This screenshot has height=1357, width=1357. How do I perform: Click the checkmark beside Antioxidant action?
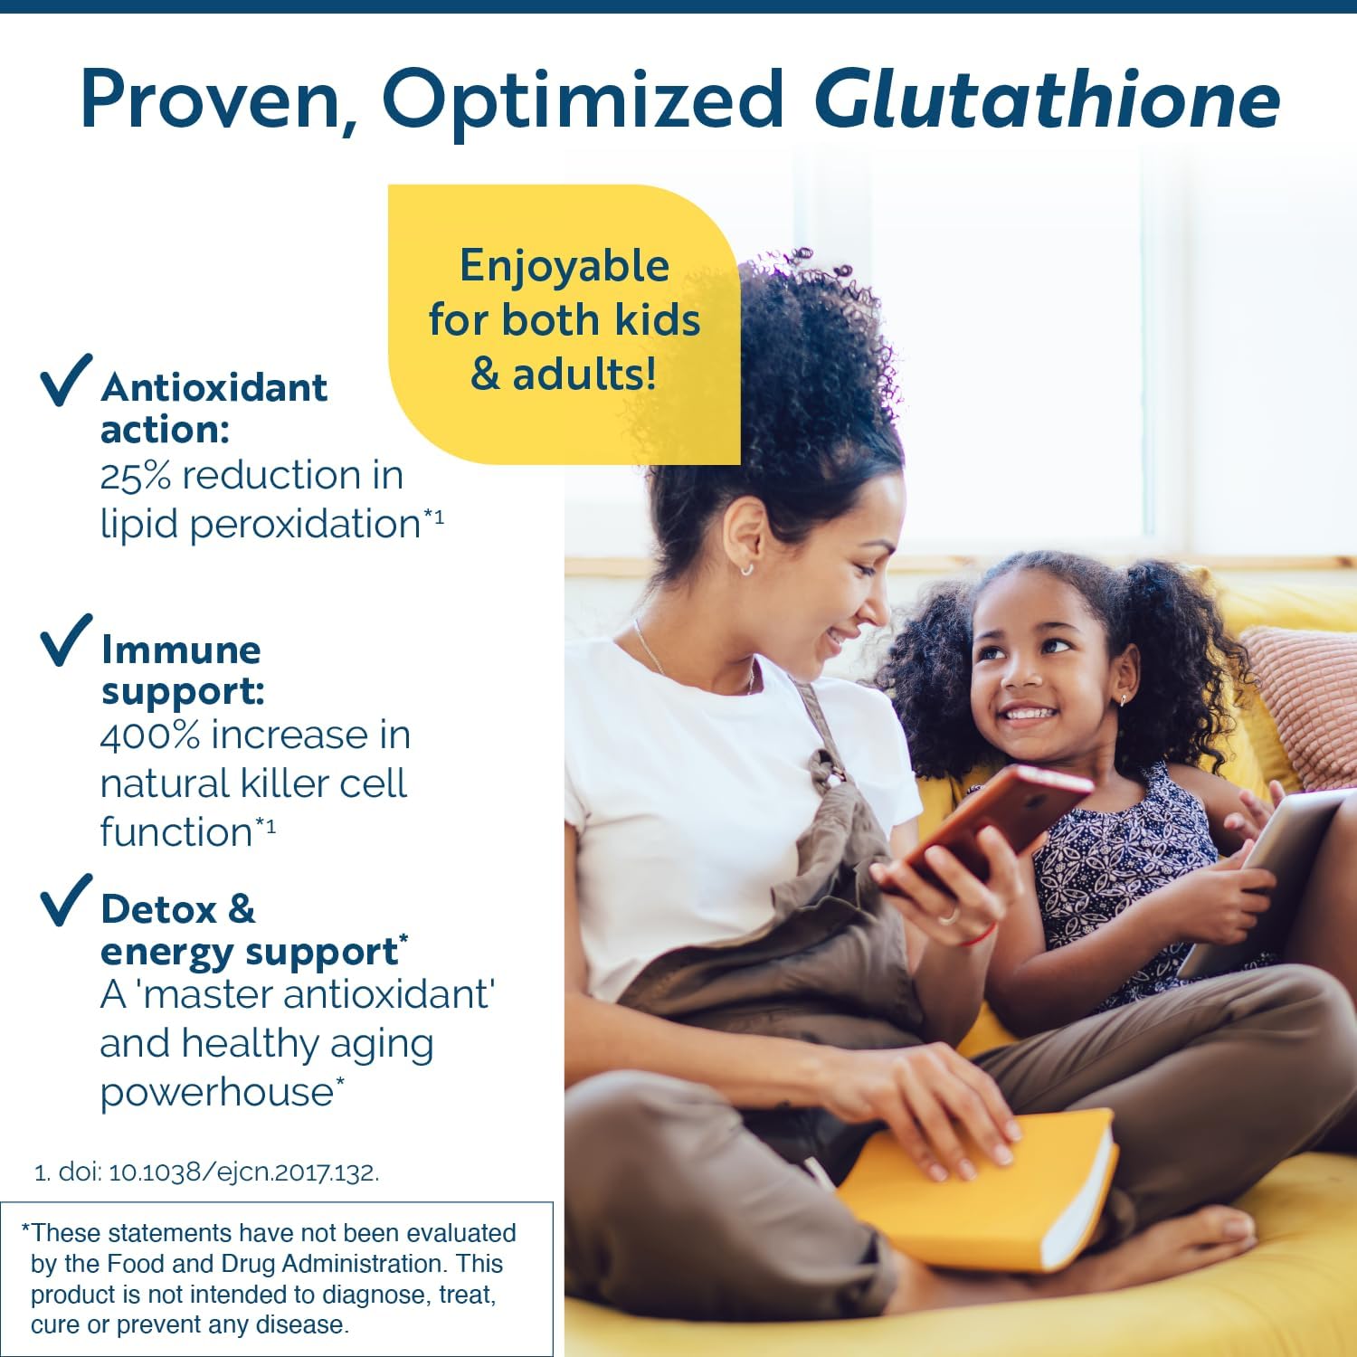pos(66,380)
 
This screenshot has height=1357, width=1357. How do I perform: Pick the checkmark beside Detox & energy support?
pos(66,900)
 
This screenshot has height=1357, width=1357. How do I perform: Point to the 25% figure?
pos(135,476)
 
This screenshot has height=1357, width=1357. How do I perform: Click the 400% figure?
pos(149,735)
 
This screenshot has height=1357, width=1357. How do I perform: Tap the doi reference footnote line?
pos(207,1172)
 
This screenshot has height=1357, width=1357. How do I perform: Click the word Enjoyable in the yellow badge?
pos(564,266)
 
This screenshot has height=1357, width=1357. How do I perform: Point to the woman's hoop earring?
pos(746,569)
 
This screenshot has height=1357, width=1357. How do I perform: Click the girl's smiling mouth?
pos(1029,714)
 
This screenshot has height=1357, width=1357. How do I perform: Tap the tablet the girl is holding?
pos(1285,868)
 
